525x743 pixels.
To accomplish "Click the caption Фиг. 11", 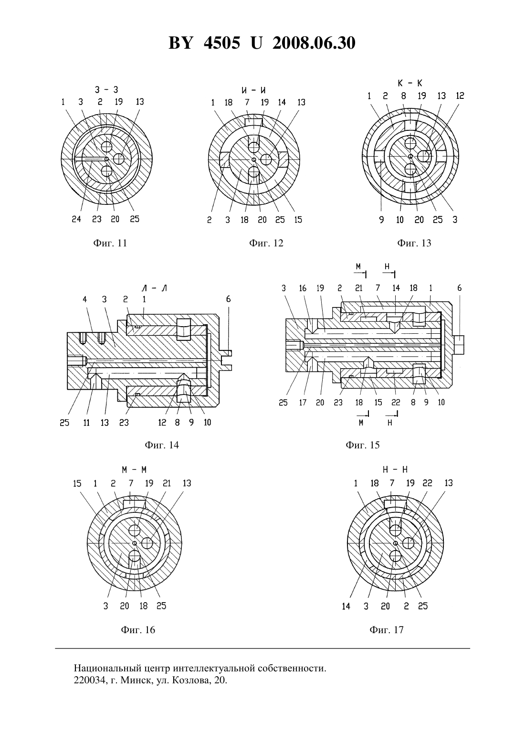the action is click(x=110, y=243).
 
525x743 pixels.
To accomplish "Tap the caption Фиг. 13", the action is click(x=414, y=243).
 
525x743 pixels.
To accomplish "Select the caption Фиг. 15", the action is click(x=363, y=445).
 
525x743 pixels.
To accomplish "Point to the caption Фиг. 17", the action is click(x=387, y=629).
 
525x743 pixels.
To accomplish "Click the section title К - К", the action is click(x=410, y=83).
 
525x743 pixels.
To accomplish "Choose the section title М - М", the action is click(x=134, y=470).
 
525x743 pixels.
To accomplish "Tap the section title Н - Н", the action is click(x=395, y=470).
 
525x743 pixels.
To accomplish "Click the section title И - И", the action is click(x=254, y=90).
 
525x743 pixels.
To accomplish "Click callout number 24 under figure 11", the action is click(x=76, y=219).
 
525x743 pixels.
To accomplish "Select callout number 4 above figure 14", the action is click(x=85, y=299).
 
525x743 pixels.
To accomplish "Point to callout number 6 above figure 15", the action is click(x=459, y=288).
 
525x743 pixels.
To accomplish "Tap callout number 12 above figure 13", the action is click(x=460, y=96).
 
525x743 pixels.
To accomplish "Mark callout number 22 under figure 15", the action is click(x=396, y=403).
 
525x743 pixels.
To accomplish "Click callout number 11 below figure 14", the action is click(x=86, y=423).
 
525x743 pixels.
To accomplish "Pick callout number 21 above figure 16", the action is click(x=167, y=483).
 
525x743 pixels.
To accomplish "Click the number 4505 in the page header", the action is click(x=222, y=43).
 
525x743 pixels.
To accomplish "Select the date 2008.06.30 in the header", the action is click(x=314, y=43).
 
